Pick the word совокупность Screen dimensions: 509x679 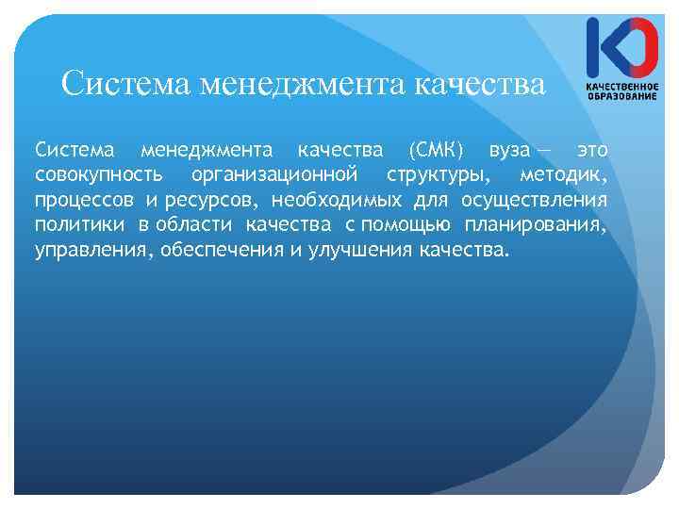97,175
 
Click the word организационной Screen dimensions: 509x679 273,175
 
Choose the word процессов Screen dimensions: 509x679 84,201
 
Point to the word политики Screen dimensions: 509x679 79,226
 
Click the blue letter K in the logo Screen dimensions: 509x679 601,48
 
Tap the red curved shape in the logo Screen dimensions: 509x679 641,48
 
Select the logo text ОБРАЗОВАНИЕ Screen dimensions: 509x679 621,95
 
